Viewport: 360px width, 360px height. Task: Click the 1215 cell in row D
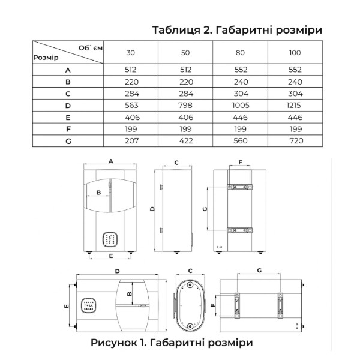point(293,106)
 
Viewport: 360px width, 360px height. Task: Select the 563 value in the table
point(131,106)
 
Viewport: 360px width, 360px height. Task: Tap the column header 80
point(240,53)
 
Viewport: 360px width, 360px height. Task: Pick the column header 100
point(295,53)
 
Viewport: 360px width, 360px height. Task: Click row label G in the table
point(68,141)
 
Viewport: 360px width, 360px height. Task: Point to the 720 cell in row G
point(296,141)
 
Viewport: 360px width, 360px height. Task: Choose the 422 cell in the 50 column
point(186,141)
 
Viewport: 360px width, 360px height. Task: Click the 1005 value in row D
point(241,106)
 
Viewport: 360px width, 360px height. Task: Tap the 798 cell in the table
point(185,106)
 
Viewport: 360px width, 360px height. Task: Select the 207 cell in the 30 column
point(132,141)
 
